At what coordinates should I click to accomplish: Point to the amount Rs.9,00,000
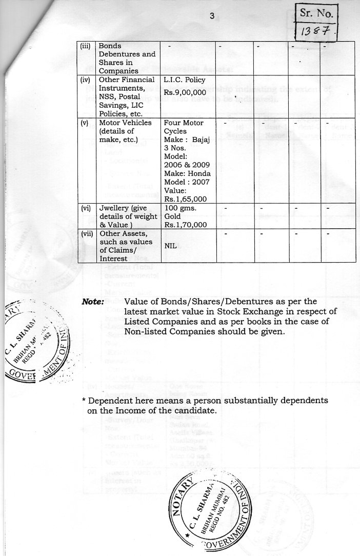[184, 92]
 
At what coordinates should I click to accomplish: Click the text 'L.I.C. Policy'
[184, 80]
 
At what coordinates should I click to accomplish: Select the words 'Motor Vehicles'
[125, 123]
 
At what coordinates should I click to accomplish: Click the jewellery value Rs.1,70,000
[186, 224]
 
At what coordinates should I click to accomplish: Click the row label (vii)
[87, 233]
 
